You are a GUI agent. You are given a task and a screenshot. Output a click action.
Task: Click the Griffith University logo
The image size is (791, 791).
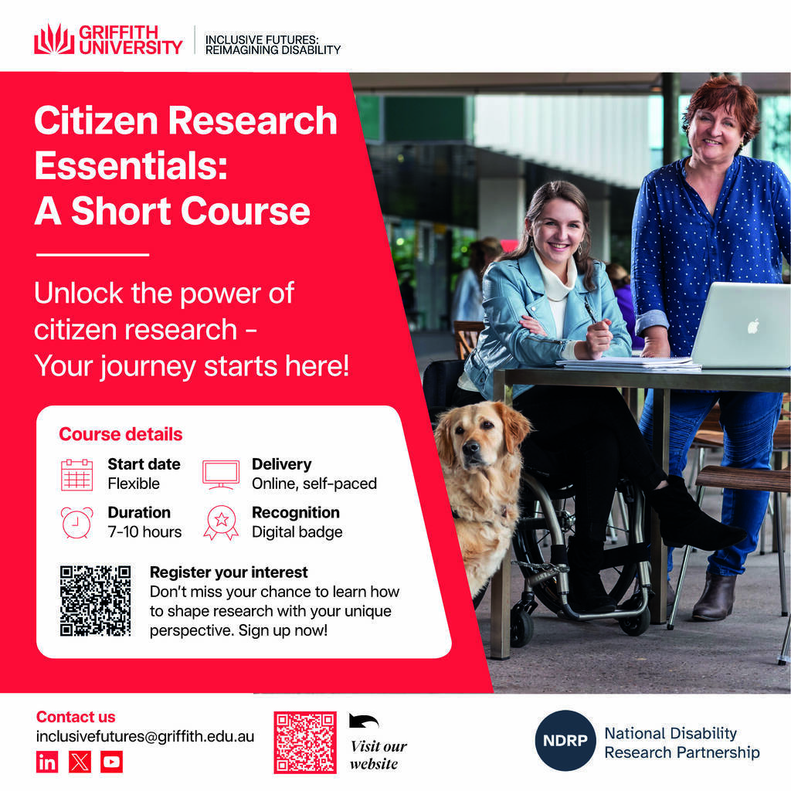click(x=108, y=39)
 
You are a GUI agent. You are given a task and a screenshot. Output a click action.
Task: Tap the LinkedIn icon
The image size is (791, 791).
click(x=47, y=762)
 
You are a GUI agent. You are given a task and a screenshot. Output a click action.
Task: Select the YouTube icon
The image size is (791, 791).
click(x=111, y=762)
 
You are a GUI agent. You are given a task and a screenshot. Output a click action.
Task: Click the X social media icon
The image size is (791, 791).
click(x=80, y=762)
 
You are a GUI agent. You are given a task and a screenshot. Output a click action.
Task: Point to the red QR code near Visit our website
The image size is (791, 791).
click(x=305, y=742)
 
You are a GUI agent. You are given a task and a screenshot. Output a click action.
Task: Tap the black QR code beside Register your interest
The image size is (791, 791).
click(x=95, y=600)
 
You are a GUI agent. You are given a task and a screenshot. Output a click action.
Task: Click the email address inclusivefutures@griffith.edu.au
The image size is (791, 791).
click(x=145, y=736)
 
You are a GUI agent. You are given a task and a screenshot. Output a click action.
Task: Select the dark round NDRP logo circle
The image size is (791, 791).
click(x=565, y=741)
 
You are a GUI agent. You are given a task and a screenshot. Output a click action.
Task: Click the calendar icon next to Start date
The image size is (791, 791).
click(x=76, y=475)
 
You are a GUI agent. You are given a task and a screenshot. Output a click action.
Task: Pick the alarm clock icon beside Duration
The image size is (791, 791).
click(x=76, y=523)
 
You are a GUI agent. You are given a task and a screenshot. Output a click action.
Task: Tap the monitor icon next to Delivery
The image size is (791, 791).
click(x=221, y=474)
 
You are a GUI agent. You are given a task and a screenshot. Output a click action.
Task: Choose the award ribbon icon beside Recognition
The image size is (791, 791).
click(x=221, y=523)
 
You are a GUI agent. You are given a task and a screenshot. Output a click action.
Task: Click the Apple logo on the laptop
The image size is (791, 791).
click(x=753, y=327)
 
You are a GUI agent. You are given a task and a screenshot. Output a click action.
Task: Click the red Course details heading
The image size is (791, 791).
click(x=121, y=434)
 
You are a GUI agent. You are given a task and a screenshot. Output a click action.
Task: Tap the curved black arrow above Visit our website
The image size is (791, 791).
click(x=363, y=721)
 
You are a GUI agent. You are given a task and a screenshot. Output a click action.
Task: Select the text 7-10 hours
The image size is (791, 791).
click(x=144, y=531)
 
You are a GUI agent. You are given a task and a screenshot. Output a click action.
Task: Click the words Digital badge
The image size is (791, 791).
click(x=297, y=532)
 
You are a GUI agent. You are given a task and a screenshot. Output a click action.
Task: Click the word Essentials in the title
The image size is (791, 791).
click(x=131, y=165)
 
